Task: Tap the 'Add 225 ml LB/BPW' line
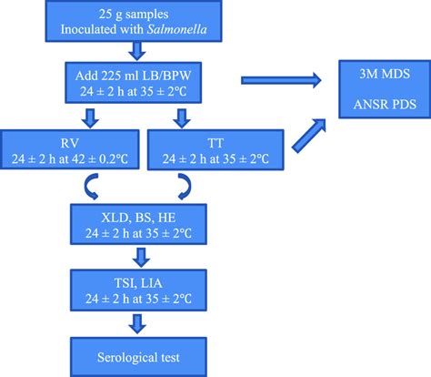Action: tap(135, 77)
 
